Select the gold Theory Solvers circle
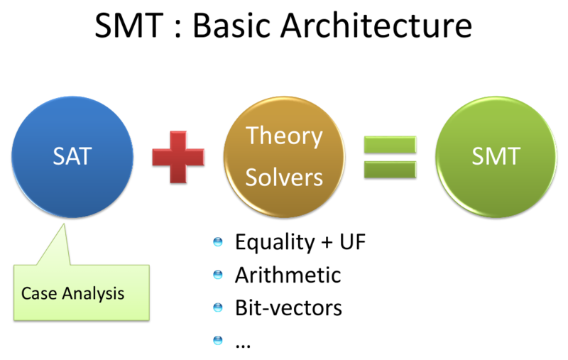(x=284, y=157)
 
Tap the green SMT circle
(x=496, y=157)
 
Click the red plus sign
(x=178, y=156)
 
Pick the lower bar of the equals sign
(x=389, y=169)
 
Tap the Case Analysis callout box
(x=82, y=291)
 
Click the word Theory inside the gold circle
(x=284, y=136)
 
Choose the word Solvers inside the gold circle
(x=284, y=177)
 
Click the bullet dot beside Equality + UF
(x=218, y=244)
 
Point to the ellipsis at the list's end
(x=243, y=342)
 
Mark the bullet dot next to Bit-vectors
(x=218, y=308)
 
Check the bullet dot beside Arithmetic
(x=218, y=276)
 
